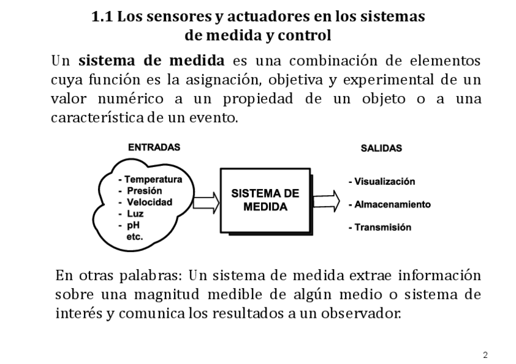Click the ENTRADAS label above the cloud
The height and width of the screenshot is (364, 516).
point(154,147)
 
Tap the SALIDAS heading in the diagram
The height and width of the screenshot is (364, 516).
point(381,148)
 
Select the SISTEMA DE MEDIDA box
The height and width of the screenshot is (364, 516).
point(266,200)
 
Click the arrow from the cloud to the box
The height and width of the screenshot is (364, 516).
point(205,201)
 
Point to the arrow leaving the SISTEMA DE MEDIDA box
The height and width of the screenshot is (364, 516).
point(326,199)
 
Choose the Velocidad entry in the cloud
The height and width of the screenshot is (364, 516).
point(149,202)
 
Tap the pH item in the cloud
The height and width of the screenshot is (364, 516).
point(133,225)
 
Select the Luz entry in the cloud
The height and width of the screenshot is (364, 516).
point(135,214)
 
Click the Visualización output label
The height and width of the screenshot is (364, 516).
point(382,182)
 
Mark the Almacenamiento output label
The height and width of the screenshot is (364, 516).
point(389,204)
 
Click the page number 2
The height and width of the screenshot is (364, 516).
point(485,355)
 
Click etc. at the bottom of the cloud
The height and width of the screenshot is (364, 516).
point(134,237)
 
